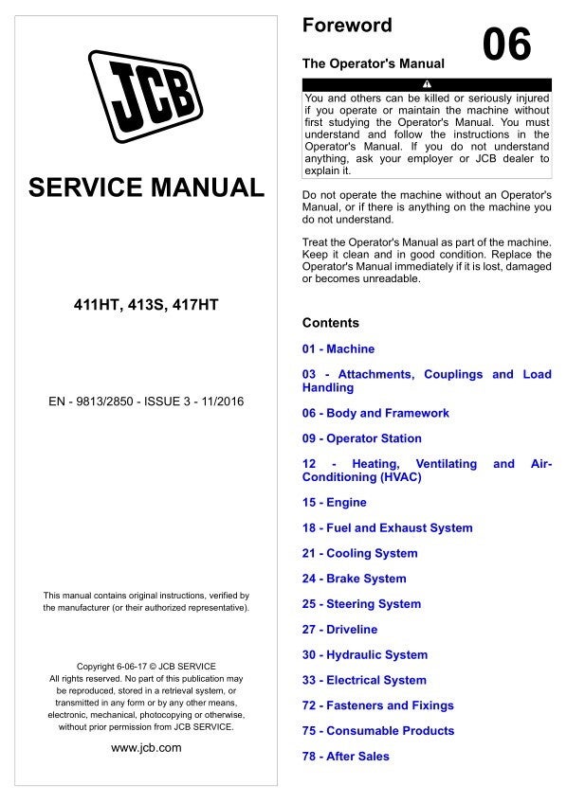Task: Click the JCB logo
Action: point(145,96)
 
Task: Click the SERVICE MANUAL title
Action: point(146,187)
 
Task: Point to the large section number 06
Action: point(507,45)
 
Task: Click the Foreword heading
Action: point(346,26)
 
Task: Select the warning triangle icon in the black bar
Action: point(427,85)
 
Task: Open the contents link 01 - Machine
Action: point(338,348)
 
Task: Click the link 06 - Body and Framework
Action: point(375,413)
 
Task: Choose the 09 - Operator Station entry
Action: point(361,438)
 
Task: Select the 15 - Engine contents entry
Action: point(334,502)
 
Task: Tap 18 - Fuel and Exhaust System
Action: point(387,527)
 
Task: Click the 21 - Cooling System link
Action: point(359,553)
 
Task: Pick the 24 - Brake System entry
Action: point(354,579)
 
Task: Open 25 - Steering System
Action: point(361,604)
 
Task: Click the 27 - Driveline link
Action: point(339,630)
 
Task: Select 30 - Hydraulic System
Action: point(364,654)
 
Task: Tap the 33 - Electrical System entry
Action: point(364,680)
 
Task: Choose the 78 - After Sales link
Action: point(345,756)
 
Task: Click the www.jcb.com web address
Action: point(146,748)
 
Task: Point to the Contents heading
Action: point(330,323)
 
